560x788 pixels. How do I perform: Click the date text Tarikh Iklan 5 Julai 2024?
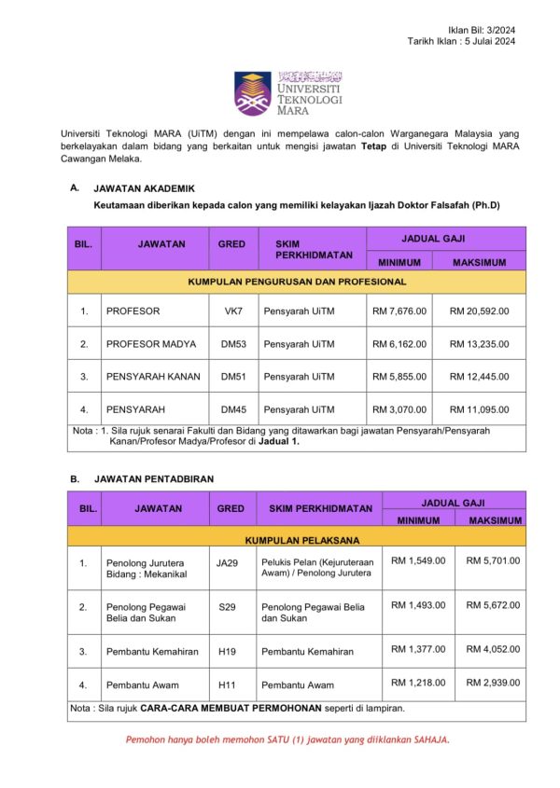pos(461,42)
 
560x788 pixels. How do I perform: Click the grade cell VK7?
pos(232,311)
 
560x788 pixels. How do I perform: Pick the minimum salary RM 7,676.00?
pos(399,311)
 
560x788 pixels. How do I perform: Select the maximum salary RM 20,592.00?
pos(486,311)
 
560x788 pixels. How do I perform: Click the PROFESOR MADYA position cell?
pos(151,344)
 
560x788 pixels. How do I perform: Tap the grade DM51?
pos(232,377)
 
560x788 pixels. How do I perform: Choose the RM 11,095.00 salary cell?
pos(486,409)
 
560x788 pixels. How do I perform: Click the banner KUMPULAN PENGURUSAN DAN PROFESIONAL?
pos(297,281)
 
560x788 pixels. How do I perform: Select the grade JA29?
pos(228,562)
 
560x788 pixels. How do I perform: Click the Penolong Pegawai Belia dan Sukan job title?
pos(143,612)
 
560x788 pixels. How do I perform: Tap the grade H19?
pos(228,652)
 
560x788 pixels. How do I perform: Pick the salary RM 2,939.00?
pos(494,683)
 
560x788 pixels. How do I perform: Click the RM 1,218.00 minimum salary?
pos(418,683)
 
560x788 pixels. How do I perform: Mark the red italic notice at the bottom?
pos(288,740)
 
